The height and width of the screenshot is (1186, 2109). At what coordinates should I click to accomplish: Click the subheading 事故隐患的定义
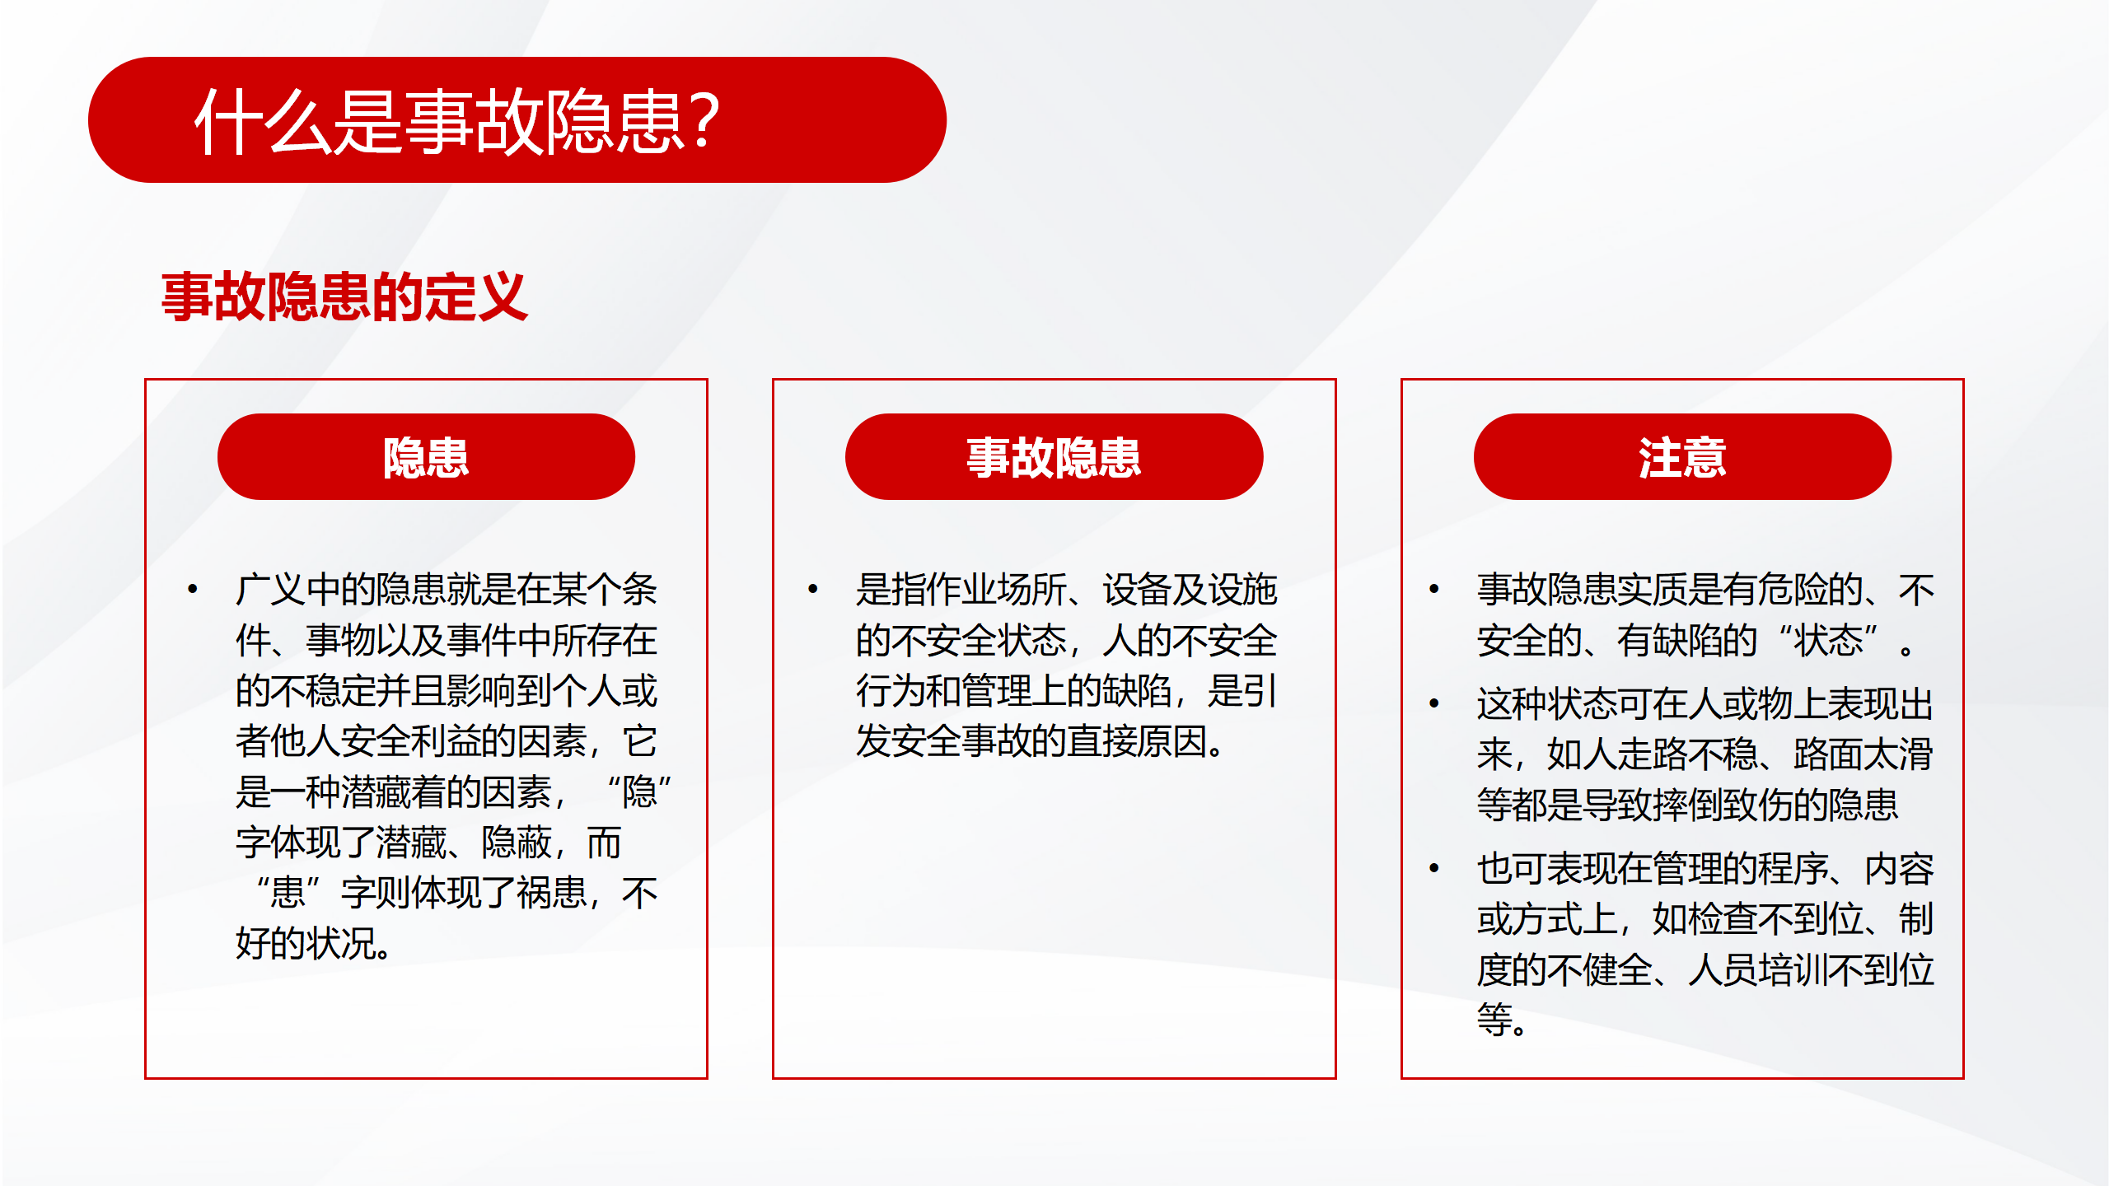coord(344,296)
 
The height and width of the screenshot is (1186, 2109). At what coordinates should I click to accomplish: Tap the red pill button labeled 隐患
coord(426,456)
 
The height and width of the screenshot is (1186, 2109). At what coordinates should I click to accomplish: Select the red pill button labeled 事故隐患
coord(1054,456)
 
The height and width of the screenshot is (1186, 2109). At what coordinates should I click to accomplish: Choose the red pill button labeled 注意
coord(1682,456)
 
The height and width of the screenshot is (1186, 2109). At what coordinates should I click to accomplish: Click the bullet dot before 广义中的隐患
coord(193,589)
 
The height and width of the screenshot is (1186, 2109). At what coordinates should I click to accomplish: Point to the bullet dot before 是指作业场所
coord(813,589)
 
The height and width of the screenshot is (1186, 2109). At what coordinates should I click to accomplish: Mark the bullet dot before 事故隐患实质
coord(1434,589)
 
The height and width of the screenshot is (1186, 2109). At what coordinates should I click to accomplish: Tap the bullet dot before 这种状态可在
coord(1434,703)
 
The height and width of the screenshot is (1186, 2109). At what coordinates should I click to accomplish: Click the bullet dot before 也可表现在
coord(1434,868)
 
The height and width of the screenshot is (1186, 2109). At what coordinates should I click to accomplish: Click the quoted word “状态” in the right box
coord(1828,640)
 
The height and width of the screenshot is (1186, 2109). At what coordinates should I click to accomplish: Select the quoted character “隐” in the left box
coord(639,792)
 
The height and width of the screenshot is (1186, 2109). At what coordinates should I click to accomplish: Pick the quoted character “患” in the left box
coord(288,893)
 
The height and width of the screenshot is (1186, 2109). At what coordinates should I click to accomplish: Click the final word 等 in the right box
coord(1494,1020)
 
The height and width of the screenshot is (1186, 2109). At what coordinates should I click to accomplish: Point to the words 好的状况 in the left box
coord(306,944)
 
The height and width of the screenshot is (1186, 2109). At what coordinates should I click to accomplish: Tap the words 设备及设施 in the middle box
coord(1190,590)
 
